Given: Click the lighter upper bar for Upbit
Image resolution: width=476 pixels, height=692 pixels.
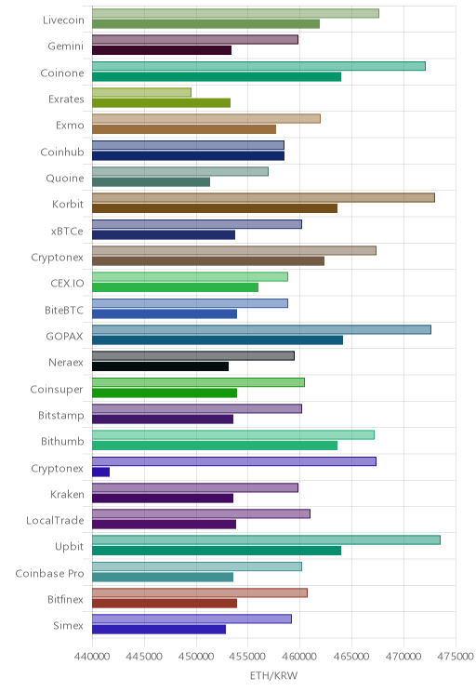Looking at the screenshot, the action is tap(266, 539).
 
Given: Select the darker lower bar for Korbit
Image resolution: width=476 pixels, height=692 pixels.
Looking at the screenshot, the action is tap(215, 208).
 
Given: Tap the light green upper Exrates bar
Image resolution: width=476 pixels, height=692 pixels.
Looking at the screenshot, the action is tap(141, 92).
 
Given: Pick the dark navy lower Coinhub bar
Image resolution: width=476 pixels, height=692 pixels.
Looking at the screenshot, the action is tap(189, 155).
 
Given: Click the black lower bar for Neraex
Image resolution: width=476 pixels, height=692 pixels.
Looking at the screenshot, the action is tap(161, 366).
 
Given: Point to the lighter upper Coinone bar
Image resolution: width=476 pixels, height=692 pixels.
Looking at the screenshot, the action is tap(259, 66).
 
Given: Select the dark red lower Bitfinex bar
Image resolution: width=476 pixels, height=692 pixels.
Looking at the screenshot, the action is tap(165, 604).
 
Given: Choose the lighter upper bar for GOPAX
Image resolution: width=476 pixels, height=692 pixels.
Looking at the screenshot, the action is tap(261, 329).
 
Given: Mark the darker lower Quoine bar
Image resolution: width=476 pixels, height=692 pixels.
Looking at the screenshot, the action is tap(152, 181).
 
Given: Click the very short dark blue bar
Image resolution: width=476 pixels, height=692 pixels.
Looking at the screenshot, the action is tap(101, 472).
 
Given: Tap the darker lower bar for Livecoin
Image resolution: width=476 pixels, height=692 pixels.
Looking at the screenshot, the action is tap(206, 24).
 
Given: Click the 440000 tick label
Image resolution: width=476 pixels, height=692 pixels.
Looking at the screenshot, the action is tap(92, 657).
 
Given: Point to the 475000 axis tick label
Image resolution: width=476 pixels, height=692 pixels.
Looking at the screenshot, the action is tap(456, 657).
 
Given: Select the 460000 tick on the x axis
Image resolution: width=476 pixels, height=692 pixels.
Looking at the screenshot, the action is tap(299, 657).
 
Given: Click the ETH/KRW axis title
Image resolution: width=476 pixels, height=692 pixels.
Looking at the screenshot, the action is tap(274, 675).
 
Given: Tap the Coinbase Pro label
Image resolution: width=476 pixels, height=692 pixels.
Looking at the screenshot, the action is tap(49, 573).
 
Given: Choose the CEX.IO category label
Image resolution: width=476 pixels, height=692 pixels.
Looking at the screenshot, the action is tap(67, 284).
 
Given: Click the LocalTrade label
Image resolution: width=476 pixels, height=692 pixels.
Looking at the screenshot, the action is tap(55, 521).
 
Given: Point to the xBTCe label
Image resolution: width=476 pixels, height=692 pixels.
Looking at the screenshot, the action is tap(67, 231).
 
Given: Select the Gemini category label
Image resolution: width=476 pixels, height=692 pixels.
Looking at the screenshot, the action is tap(66, 47).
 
